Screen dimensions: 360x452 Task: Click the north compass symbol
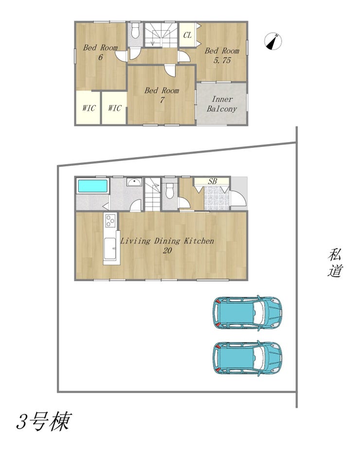272,42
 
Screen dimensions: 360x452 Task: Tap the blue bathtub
92,186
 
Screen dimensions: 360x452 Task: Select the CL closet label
187,35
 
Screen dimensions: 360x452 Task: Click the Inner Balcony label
222,104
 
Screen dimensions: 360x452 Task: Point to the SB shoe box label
213,181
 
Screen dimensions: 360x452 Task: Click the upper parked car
247,313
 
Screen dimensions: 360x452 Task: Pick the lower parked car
247,359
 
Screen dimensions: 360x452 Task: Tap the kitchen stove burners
111,221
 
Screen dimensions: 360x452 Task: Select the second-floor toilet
135,31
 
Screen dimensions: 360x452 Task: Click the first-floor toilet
169,191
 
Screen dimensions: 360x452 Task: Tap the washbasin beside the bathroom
134,182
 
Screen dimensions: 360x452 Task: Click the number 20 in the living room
167,250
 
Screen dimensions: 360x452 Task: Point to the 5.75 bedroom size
222,60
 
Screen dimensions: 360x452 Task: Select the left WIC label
89,108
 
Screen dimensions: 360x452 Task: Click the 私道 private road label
335,263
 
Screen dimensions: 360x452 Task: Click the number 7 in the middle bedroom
162,100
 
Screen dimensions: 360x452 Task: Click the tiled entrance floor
217,198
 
